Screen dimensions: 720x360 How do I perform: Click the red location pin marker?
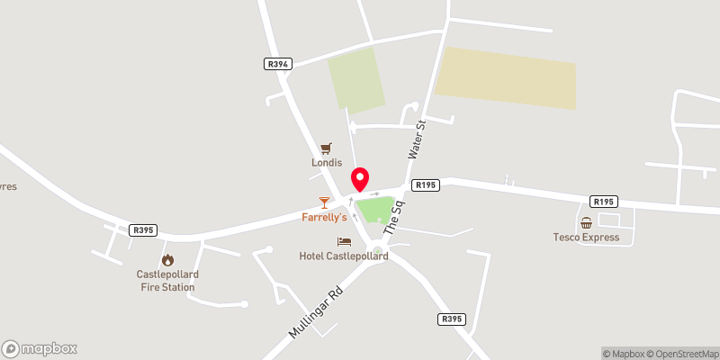click(x=360, y=178)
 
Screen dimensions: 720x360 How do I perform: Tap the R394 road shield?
click(x=277, y=64)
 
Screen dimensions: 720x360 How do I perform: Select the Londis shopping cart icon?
click(x=326, y=148)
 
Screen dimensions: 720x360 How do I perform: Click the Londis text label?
click(x=326, y=164)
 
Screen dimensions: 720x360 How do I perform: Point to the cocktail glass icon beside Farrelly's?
click(x=324, y=202)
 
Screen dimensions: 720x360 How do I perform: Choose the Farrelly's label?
click(x=324, y=218)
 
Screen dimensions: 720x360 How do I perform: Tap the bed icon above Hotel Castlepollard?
click(x=344, y=242)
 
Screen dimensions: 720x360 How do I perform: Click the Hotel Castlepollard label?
click(x=344, y=256)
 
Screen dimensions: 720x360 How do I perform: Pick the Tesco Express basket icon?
click(x=586, y=222)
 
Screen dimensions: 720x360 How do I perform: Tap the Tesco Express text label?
click(x=586, y=238)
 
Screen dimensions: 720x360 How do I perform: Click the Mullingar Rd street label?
click(x=317, y=312)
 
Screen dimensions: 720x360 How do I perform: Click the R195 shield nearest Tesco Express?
click(x=602, y=202)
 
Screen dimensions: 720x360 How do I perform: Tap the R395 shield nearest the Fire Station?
click(x=143, y=230)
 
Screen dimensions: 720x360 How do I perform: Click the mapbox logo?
click(x=40, y=348)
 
